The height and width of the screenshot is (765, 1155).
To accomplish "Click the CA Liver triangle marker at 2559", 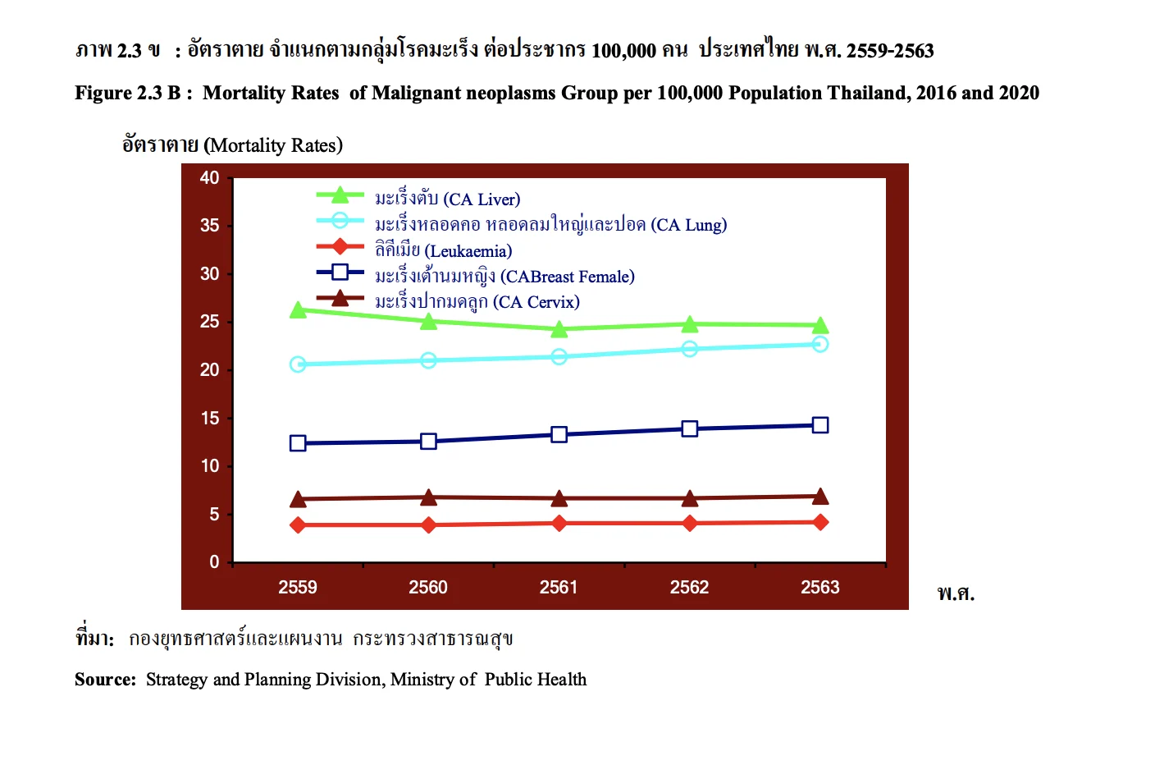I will (x=298, y=310).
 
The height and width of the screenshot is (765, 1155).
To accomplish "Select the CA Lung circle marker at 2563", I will (x=820, y=344).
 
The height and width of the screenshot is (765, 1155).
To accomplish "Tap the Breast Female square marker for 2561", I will (x=559, y=434).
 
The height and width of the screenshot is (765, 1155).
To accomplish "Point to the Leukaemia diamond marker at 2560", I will (x=428, y=525).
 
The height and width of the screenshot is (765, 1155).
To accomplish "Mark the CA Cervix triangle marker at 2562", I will (x=690, y=498).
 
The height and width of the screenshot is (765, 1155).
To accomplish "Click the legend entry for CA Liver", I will (x=447, y=199).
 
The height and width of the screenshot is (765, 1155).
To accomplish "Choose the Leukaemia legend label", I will (x=443, y=251).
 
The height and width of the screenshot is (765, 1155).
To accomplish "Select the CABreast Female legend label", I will (x=504, y=277).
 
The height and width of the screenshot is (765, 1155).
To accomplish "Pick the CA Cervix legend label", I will (x=477, y=302).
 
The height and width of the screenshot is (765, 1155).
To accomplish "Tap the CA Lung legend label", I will (x=550, y=225).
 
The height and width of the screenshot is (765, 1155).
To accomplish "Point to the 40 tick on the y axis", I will (x=210, y=178).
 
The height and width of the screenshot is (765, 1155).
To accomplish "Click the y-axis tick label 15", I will (x=210, y=419).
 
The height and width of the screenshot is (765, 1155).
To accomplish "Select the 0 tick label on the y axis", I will (x=214, y=562).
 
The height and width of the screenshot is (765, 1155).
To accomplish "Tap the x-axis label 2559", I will (x=298, y=588).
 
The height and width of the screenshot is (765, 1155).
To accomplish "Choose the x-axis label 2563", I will (x=820, y=588).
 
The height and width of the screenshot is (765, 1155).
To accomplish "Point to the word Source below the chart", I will (x=105, y=680).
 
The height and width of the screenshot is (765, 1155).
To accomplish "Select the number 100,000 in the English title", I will (x=690, y=94).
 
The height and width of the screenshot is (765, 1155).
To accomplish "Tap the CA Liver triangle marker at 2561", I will (x=559, y=329).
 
